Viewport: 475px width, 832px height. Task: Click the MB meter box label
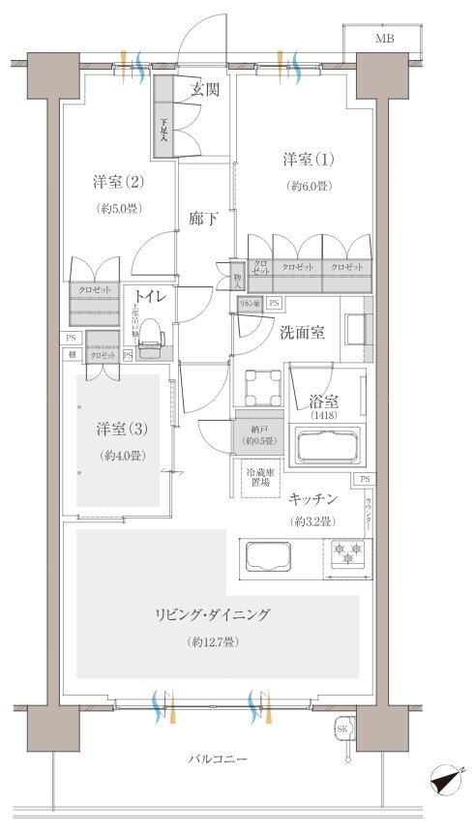(385, 39)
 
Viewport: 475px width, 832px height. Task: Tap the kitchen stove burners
(348, 553)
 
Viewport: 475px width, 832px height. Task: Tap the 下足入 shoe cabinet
(164, 130)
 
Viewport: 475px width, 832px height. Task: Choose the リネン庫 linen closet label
(249, 304)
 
